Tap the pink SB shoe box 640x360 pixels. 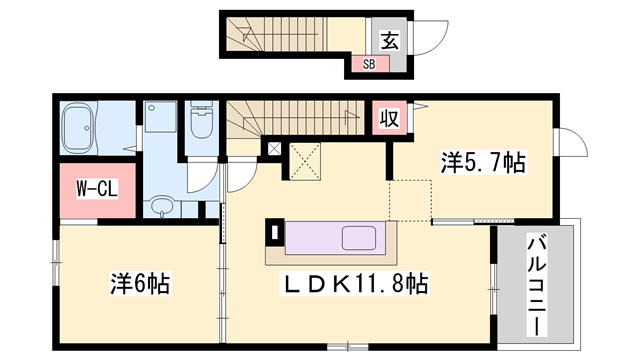pyautogui.click(x=368, y=65)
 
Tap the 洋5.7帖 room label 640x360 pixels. pyautogui.click(x=483, y=161)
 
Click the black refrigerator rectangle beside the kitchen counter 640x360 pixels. pyautogui.click(x=274, y=232)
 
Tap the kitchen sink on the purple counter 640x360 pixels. pyautogui.click(x=360, y=240)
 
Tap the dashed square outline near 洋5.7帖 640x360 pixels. pyautogui.click(x=411, y=199)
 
